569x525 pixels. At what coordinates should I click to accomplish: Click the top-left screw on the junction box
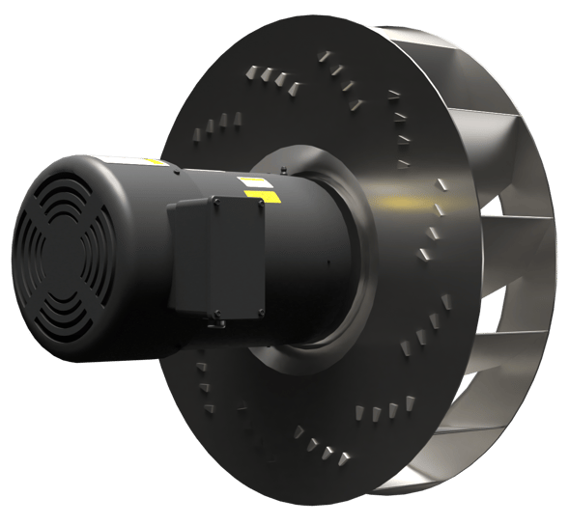click(175, 206)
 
